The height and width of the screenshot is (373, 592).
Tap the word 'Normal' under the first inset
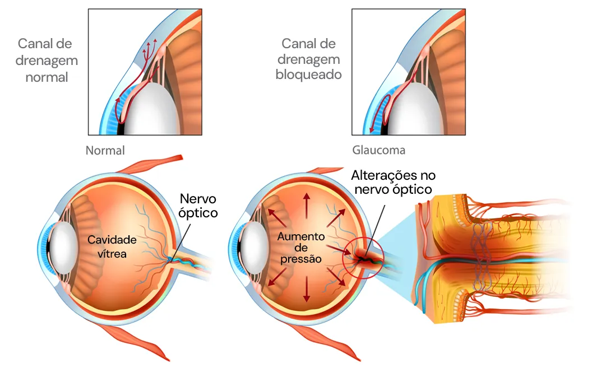point(105,151)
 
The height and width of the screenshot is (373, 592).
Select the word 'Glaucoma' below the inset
point(378,151)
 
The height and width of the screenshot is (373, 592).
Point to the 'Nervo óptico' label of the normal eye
point(198,206)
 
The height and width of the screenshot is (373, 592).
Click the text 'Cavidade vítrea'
point(112,246)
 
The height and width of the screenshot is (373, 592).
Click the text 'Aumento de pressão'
point(300,248)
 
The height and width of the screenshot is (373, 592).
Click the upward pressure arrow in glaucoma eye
point(306,205)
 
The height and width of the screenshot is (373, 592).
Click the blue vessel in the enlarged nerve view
point(422,286)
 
